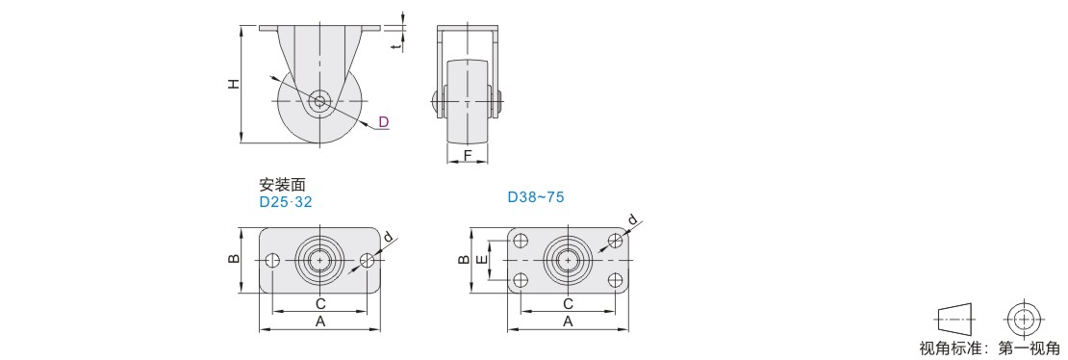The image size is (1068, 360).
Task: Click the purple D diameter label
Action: [384, 122]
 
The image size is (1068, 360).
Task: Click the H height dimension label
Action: [234, 84]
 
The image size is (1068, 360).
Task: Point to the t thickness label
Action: [395, 45]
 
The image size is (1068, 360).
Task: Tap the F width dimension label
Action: [468, 156]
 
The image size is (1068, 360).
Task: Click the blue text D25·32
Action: [286, 202]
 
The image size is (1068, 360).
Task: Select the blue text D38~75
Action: [536, 197]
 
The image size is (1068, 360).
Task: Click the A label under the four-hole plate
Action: [568, 321]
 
